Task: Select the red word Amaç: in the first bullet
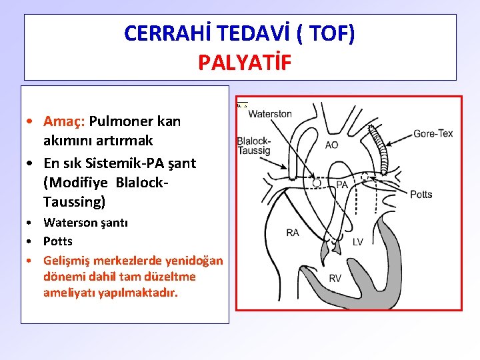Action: tap(64, 121)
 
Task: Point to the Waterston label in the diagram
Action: tap(270, 113)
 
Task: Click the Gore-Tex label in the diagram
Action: tap(433, 133)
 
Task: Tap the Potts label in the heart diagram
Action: tap(421, 194)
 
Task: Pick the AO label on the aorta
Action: tap(331, 145)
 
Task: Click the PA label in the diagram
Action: tap(341, 184)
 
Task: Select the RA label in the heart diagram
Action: tap(293, 232)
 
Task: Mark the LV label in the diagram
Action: tap(357, 241)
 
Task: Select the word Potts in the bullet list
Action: tap(58, 241)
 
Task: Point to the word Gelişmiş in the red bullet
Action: tap(69, 259)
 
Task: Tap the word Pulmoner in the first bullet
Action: tap(121, 121)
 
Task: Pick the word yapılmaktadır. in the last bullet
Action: tap(141, 292)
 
